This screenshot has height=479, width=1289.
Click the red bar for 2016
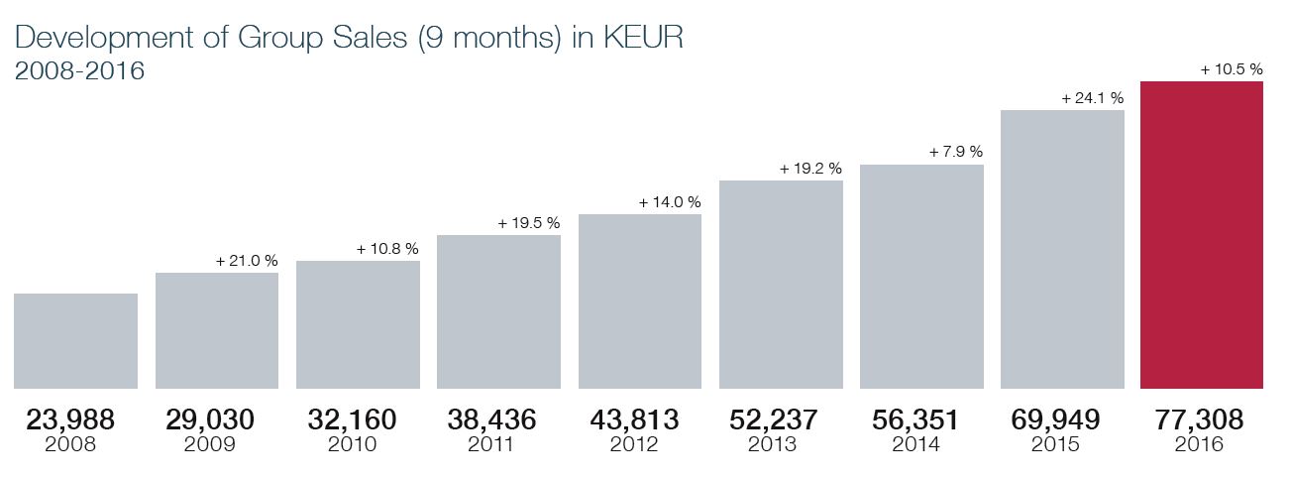click(x=1203, y=235)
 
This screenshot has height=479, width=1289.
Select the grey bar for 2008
click(x=76, y=341)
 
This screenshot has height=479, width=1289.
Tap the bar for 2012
click(x=640, y=301)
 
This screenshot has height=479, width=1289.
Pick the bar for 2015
click(x=1062, y=249)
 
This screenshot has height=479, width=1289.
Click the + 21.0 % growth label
click(x=247, y=261)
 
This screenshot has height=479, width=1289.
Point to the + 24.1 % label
click(x=1092, y=98)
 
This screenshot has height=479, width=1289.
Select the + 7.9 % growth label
click(x=955, y=152)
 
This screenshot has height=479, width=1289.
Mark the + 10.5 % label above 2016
click(x=1232, y=69)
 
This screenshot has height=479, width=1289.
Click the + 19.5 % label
click(x=528, y=223)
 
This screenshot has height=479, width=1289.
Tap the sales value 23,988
click(x=70, y=420)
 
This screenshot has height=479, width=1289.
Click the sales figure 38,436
click(x=492, y=420)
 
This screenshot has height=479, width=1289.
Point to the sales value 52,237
click(x=774, y=420)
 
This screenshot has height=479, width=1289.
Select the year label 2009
click(x=210, y=445)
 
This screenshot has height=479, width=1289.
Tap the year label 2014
click(x=915, y=445)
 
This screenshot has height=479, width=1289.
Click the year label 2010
click(x=352, y=445)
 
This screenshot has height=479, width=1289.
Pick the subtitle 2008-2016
click(x=81, y=71)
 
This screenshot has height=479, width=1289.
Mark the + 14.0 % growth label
click(x=670, y=201)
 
